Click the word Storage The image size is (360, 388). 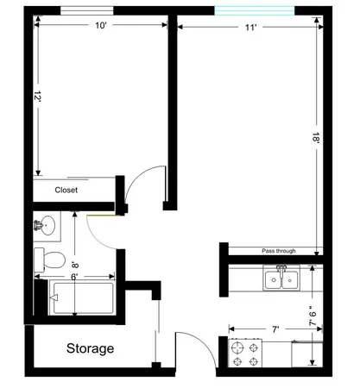[91, 349]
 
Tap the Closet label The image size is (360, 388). [67, 191]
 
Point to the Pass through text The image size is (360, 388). [279, 251]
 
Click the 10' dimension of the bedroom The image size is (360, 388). [100, 26]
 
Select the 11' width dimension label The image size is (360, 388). [251, 28]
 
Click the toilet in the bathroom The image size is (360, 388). [51, 258]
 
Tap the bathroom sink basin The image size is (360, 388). [45, 226]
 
